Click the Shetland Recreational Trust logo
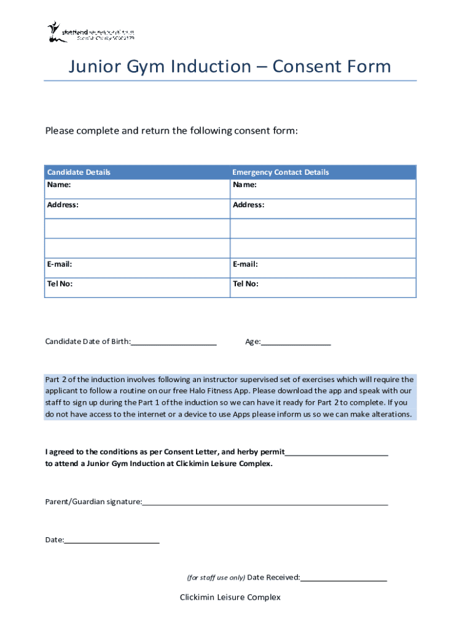click(x=90, y=32)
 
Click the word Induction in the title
click(x=217, y=66)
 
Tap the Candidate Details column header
click(x=79, y=172)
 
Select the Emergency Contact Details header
click(x=280, y=172)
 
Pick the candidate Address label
click(x=63, y=205)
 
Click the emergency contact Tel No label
click(x=245, y=284)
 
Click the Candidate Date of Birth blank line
click(x=174, y=342)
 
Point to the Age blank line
click(x=296, y=342)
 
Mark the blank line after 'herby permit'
click(x=337, y=453)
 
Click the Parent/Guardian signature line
click(x=265, y=502)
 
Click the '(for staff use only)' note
click(x=216, y=578)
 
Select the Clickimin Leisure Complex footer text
click(x=230, y=597)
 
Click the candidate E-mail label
click(x=60, y=264)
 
